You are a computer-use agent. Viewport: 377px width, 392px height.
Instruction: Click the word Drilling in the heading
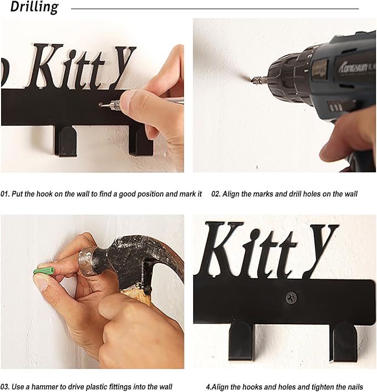34,7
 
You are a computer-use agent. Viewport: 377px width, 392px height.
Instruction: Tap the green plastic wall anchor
44,271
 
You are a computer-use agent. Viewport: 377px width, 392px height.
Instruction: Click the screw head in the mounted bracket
291,297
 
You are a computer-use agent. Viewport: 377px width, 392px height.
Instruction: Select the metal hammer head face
86,262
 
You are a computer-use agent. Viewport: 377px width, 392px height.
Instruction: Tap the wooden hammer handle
136,297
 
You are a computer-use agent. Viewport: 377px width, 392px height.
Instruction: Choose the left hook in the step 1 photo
66,141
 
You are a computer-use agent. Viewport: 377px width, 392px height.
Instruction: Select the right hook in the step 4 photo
343,343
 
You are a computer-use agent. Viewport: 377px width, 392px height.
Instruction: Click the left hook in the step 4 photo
242,341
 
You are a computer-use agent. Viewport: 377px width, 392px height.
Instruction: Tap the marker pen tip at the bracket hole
103,105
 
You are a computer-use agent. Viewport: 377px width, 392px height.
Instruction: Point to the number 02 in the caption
215,194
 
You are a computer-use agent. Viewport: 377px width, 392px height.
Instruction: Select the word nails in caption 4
354,387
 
